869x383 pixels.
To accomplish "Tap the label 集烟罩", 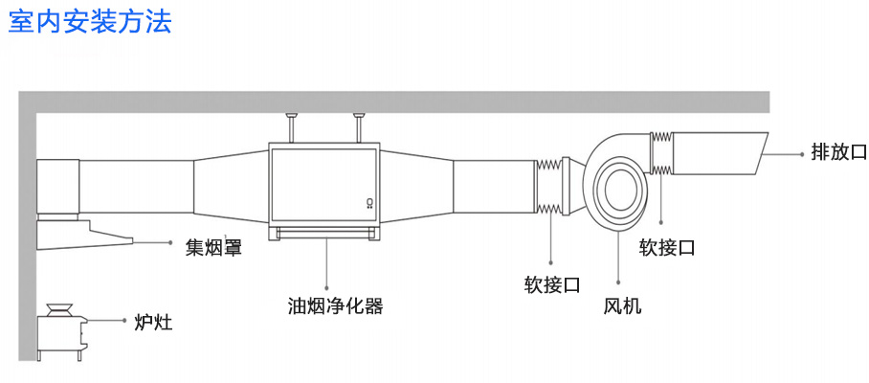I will pos(213,248).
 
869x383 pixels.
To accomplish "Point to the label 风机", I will pos(622,306).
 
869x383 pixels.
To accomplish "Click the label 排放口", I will pos(837,151).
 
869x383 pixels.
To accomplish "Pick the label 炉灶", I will pos(153,322).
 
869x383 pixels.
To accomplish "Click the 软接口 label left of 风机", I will pos(552,284).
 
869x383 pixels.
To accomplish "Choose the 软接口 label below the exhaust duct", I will pos(667,247).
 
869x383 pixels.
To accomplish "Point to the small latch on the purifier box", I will pos(369,202).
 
